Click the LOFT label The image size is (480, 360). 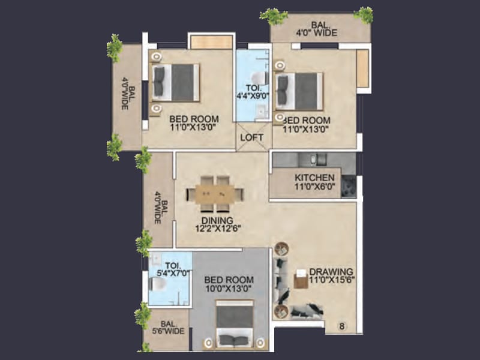pos(253,137)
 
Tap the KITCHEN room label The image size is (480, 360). pos(314,178)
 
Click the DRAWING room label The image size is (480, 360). pos(332,271)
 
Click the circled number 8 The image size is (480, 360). pos(341,326)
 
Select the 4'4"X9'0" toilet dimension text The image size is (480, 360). pos(252,94)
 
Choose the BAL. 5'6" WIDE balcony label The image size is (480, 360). pos(167,331)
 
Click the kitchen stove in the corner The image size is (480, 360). pos(349,186)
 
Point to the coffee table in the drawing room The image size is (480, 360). pos(301,280)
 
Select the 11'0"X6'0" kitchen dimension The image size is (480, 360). pos(314,187)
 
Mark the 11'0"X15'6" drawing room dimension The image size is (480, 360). pos(332,280)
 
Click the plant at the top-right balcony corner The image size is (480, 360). pos(363,14)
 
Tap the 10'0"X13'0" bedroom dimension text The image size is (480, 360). pos(229,289)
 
